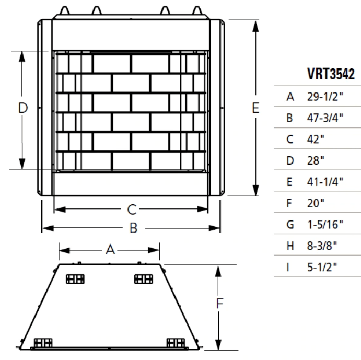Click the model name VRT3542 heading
(x=331, y=75)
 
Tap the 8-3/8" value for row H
(x=321, y=246)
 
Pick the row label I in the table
(x=289, y=267)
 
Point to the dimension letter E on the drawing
(x=255, y=108)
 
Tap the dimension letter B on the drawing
(x=133, y=228)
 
